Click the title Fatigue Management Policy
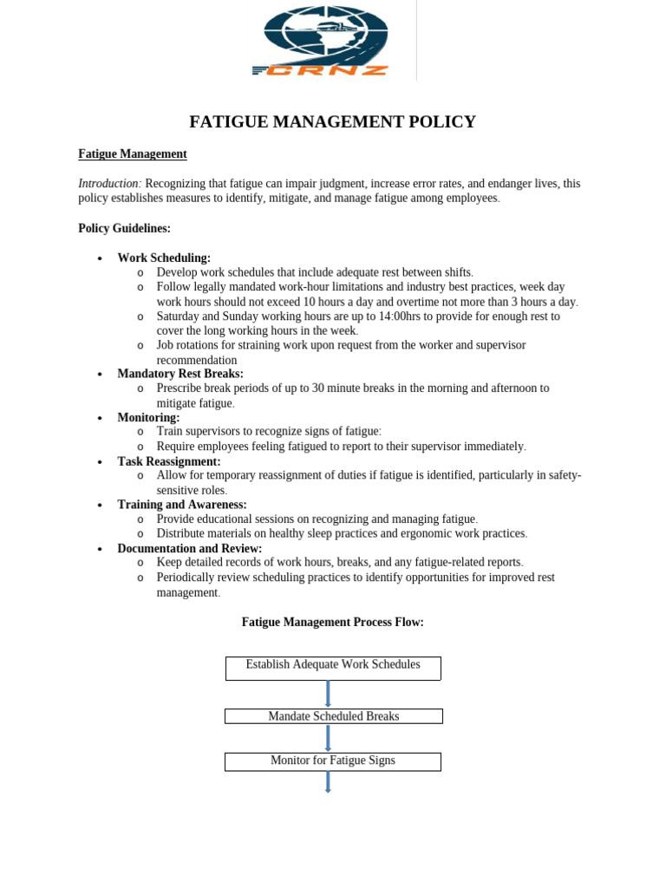[332, 121]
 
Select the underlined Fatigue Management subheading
[133, 154]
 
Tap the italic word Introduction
[108, 184]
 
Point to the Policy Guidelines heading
[124, 229]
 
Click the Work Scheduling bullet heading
[164, 258]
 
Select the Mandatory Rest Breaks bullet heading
[180, 374]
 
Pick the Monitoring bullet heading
[148, 418]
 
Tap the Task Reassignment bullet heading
[169, 461]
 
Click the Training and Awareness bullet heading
[182, 505]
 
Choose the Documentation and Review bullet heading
[190, 549]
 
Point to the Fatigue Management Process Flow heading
[332, 623]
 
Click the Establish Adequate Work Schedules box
[333, 668]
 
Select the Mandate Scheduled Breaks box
[333, 716]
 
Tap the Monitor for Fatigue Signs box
[333, 761]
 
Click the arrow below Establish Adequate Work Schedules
[328, 694]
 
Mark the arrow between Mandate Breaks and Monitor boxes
[328, 738]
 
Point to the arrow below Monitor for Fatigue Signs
[328, 781]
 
